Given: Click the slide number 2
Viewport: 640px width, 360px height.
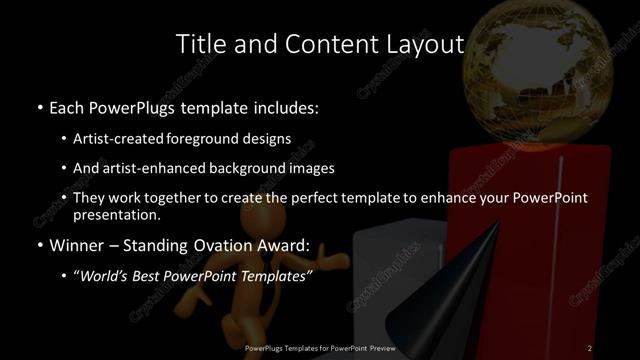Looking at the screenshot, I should [591, 347].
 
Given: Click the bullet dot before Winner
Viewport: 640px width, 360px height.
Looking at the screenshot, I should [39, 246].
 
